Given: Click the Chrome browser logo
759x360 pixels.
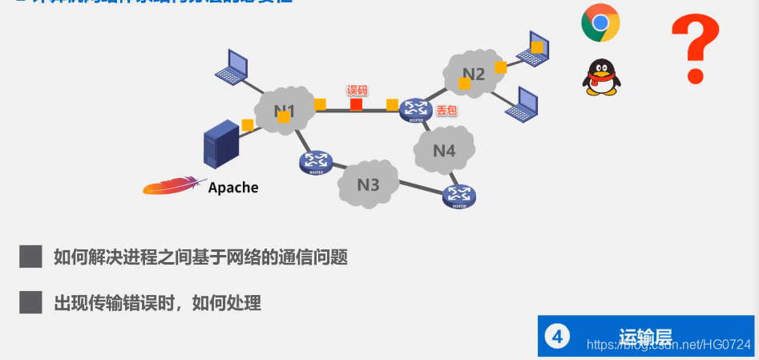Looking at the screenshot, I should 600,23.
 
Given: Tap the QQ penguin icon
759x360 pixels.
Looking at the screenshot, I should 602,78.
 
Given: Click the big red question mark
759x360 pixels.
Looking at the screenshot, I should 695,50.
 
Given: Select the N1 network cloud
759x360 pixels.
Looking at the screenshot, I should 285,111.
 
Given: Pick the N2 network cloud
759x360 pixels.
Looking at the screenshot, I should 472,75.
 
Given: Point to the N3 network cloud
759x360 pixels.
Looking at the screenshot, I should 368,184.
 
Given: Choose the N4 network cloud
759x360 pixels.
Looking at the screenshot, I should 444,150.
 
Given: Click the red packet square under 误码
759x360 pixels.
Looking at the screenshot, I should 356,104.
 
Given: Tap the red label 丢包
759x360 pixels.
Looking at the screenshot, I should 446,111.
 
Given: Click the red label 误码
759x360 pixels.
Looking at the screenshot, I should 356,90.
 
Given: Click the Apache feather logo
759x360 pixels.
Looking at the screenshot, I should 171,186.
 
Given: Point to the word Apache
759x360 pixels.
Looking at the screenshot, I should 233,188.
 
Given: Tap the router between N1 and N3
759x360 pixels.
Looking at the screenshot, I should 317,162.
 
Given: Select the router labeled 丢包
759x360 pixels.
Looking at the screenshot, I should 416,110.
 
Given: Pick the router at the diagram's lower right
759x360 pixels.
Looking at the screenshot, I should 459,196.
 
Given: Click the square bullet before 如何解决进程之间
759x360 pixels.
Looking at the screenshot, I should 30,257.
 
